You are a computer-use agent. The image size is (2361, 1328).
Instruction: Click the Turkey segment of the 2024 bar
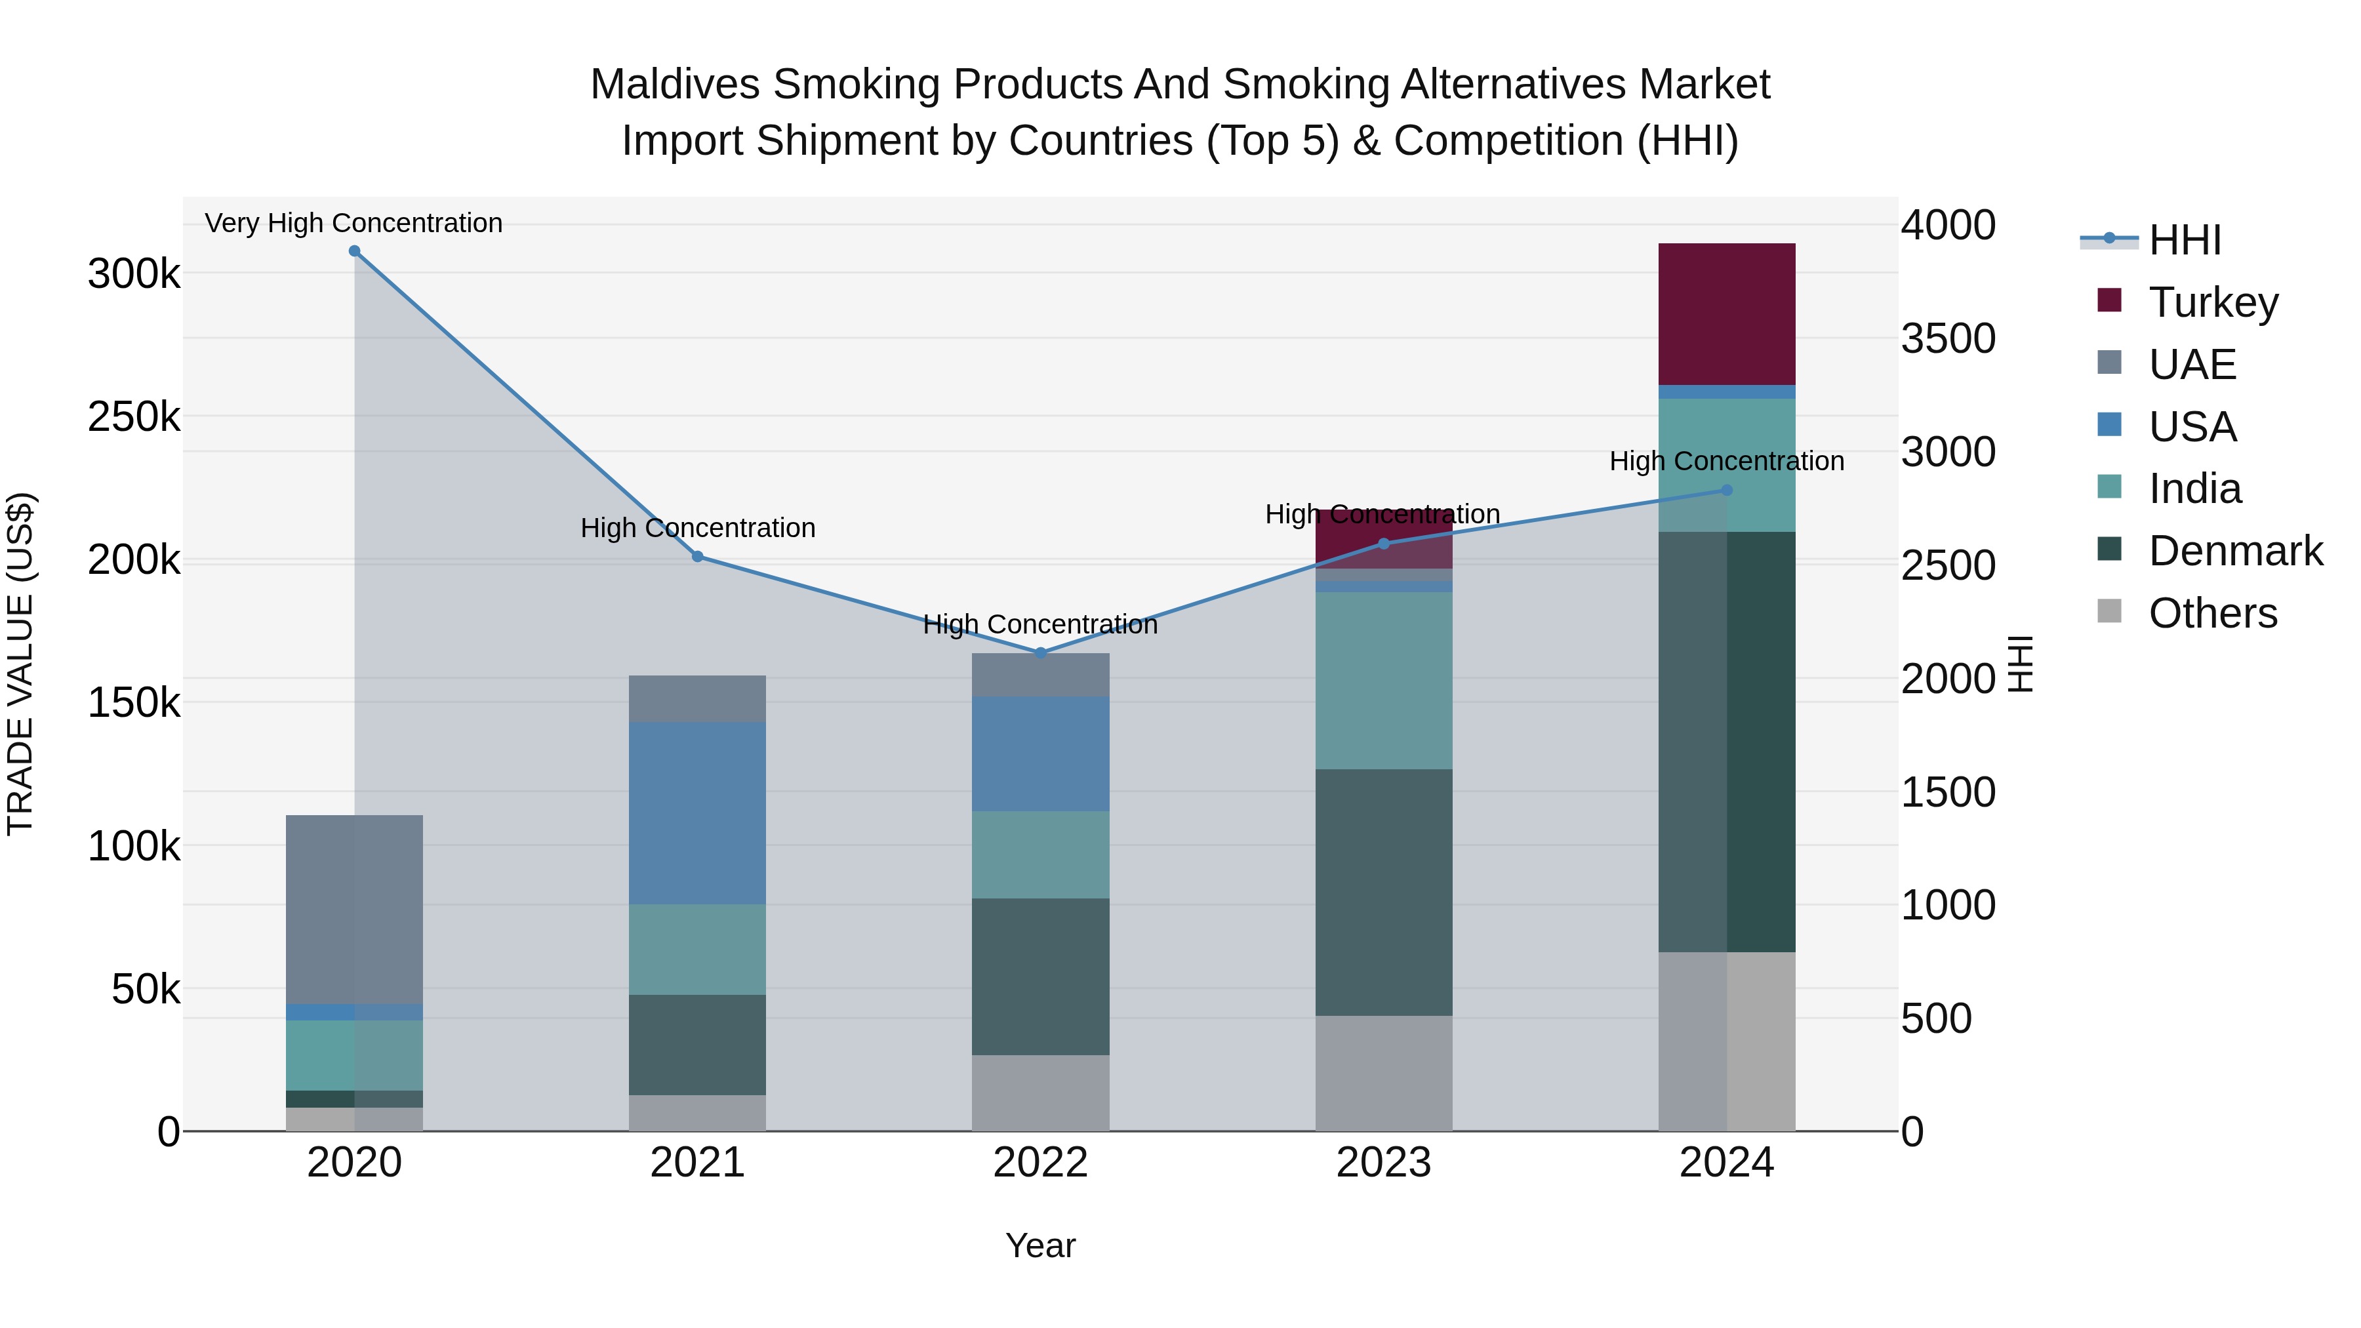pyautogui.click(x=1726, y=313)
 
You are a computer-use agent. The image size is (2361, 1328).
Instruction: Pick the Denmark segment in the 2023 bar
pyautogui.click(x=1383, y=892)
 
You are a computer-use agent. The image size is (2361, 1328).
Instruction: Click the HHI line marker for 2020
pyautogui.click(x=355, y=251)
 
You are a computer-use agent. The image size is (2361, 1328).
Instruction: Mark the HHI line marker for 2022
pyautogui.click(x=1040, y=653)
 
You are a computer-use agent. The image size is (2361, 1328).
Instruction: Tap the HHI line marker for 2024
pyautogui.click(x=1727, y=491)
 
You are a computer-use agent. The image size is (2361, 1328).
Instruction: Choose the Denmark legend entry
pyautogui.click(x=2234, y=551)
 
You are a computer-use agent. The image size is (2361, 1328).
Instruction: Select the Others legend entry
pyautogui.click(x=2211, y=613)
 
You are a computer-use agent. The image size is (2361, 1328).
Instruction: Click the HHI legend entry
pyautogui.click(x=2184, y=240)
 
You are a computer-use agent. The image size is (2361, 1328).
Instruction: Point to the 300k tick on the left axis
pyautogui.click(x=134, y=273)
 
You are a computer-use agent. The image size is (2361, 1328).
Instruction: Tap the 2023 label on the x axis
pyautogui.click(x=1383, y=1163)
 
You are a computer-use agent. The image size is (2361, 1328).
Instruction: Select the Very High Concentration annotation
pyautogui.click(x=353, y=223)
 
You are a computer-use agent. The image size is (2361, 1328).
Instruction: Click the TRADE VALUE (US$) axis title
pyautogui.click(x=20, y=664)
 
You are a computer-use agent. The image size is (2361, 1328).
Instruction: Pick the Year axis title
pyautogui.click(x=1040, y=1245)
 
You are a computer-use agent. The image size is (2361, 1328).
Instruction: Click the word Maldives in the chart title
pyautogui.click(x=675, y=85)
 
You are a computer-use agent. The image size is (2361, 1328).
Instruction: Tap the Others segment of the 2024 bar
pyautogui.click(x=1726, y=1041)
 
